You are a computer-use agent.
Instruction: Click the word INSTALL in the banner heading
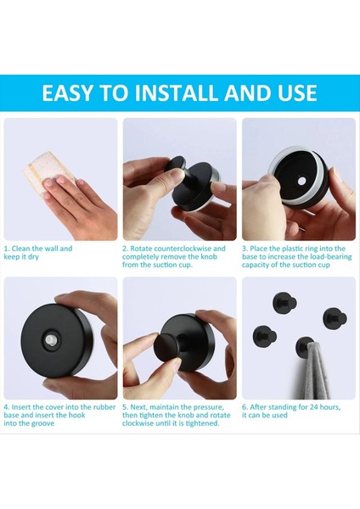[x=177, y=92]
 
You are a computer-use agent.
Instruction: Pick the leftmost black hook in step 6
[x=264, y=337]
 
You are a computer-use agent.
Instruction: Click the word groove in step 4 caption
[x=42, y=423]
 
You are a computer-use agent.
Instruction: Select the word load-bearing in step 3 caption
[x=331, y=257]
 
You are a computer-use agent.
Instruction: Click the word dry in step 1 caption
[x=33, y=257]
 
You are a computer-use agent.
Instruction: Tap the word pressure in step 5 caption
[x=209, y=407]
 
